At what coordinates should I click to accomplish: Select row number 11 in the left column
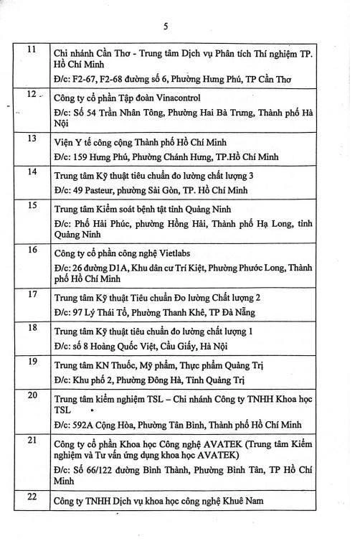(32, 49)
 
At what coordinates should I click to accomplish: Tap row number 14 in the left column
(32, 171)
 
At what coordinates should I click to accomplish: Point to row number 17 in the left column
(32, 294)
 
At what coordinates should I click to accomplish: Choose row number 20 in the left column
(32, 395)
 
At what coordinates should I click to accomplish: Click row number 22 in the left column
(32, 496)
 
